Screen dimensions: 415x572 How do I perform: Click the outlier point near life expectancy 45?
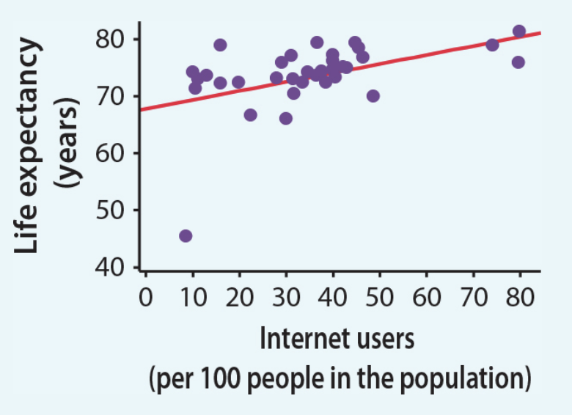point(186,235)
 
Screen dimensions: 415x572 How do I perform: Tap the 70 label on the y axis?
point(111,96)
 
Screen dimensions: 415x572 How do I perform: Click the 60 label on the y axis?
point(111,153)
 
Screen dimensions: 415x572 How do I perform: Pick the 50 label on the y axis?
point(111,210)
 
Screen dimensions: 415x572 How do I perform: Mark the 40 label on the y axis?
point(111,267)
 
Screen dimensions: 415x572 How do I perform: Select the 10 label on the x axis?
point(192,298)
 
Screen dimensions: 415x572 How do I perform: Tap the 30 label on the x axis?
point(286,298)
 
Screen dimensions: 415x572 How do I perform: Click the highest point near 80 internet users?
point(519,32)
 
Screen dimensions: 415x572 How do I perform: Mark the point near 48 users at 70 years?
point(373,96)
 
